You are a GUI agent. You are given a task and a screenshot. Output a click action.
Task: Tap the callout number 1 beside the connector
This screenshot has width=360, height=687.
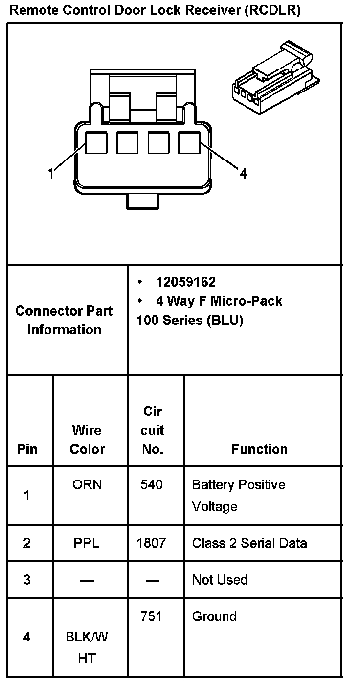point(50,173)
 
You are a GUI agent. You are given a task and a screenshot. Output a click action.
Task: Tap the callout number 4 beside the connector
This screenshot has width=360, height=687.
point(243,173)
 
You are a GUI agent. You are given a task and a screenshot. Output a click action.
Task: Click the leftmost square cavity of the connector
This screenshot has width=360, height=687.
point(96,143)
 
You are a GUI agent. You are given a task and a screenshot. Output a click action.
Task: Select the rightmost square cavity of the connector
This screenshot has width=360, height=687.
point(189,143)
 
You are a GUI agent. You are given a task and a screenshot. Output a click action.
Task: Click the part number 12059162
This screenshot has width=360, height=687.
point(186,282)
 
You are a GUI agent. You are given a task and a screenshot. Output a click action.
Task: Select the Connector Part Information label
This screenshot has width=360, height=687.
point(64,320)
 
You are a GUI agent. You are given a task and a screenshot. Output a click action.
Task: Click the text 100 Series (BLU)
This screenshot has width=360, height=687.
point(190,321)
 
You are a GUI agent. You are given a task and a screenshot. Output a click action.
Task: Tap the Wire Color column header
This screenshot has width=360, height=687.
point(87,439)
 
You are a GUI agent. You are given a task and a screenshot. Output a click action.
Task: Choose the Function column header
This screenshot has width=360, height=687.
point(259,449)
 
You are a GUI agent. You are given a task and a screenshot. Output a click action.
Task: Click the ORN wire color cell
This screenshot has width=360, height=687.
point(87,484)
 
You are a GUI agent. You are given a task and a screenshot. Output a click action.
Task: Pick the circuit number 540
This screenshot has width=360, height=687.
point(152,484)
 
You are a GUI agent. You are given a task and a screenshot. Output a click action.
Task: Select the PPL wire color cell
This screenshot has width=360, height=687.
point(87,543)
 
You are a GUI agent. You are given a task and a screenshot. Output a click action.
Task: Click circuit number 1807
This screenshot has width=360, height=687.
point(152,543)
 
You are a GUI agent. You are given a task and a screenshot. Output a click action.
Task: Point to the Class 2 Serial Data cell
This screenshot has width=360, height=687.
point(249,543)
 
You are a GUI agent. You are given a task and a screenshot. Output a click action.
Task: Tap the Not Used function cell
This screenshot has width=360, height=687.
point(220,580)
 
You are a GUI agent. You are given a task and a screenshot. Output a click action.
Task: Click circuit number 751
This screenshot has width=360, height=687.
point(151,617)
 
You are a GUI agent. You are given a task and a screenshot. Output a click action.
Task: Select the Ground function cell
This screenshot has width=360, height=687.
point(214,617)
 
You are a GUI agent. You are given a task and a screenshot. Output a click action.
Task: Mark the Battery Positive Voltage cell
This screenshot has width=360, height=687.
point(238,495)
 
